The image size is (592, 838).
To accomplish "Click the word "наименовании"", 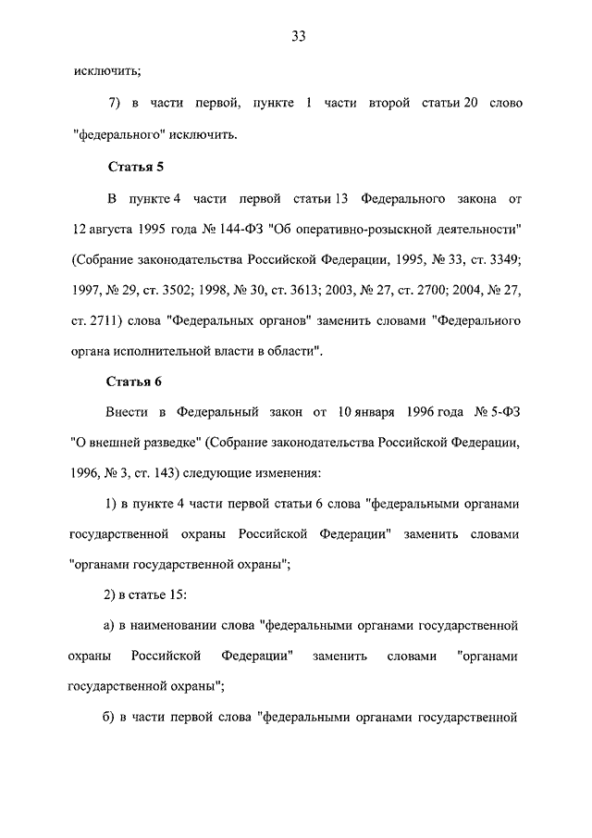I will [174, 626].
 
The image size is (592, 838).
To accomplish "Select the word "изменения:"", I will [288, 472].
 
